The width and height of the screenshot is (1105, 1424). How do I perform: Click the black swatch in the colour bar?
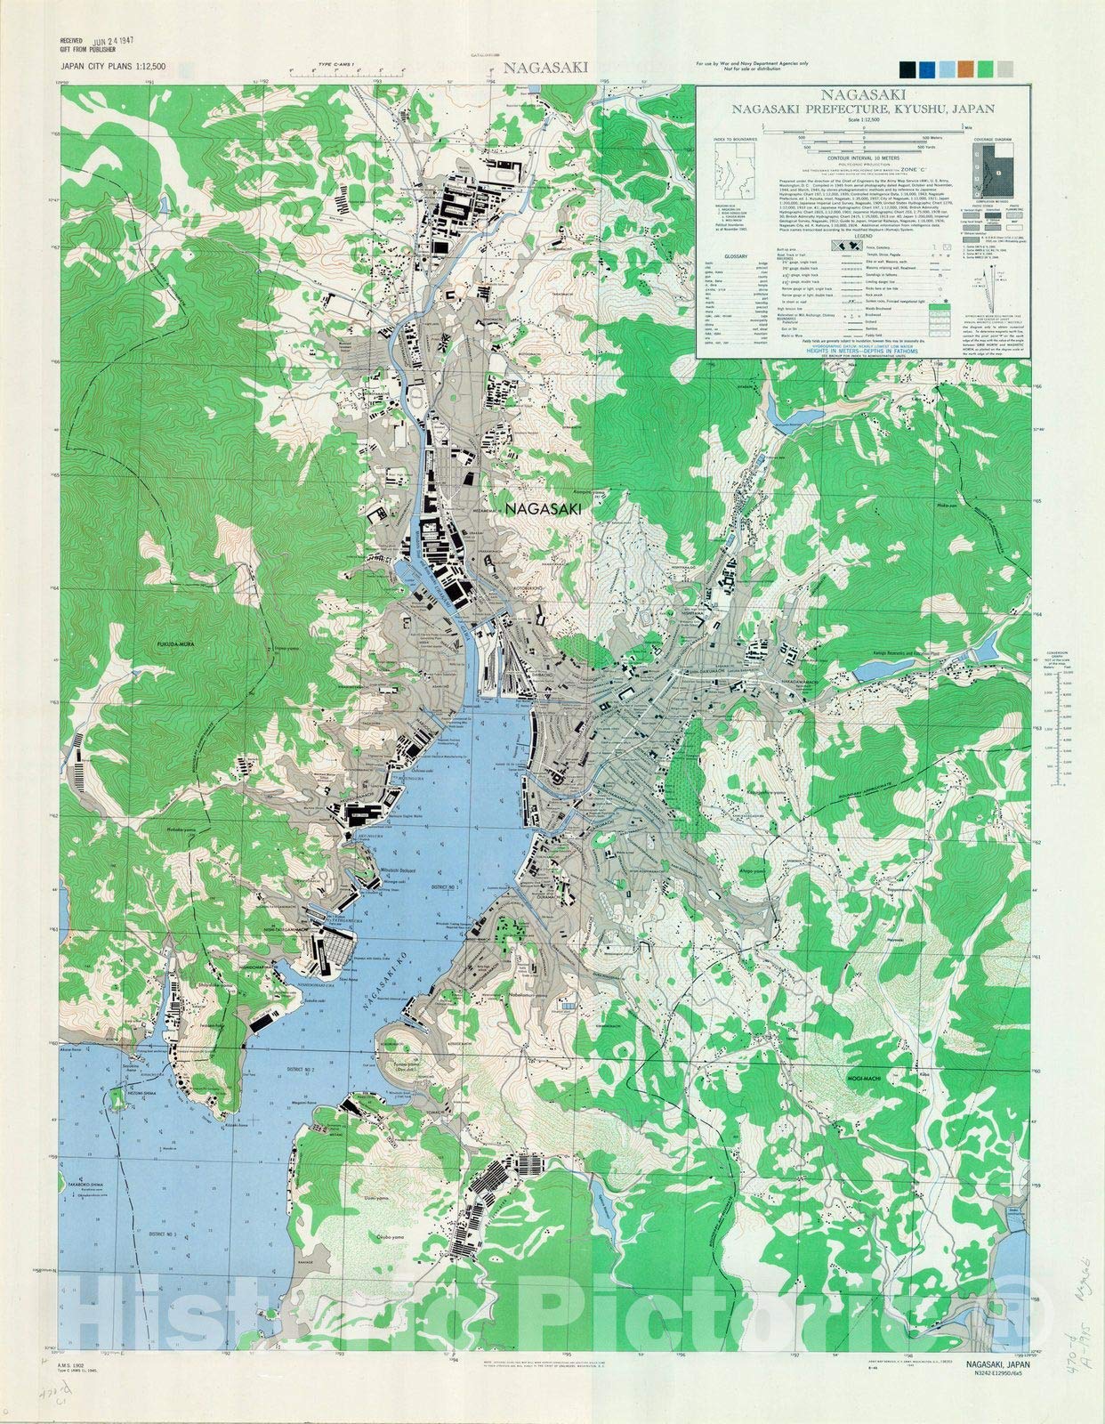click(x=907, y=69)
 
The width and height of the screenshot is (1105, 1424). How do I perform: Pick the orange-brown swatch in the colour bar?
click(x=964, y=69)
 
